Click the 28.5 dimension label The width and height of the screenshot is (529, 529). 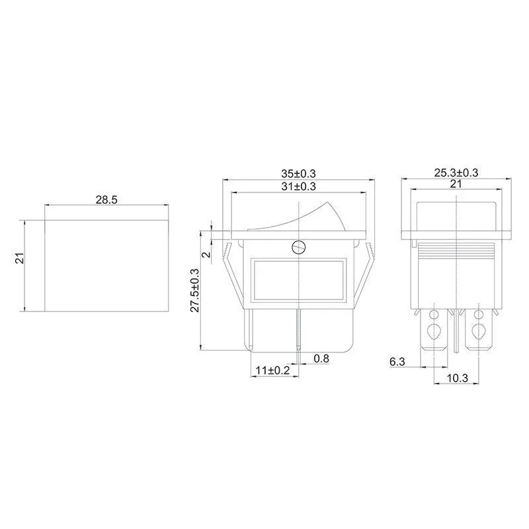(x=106, y=200)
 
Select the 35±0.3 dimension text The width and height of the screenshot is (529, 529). (x=298, y=173)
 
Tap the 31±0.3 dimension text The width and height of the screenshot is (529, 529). (x=298, y=186)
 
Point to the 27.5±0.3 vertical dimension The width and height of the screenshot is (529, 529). (x=195, y=290)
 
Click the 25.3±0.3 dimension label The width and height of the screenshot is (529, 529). (x=456, y=173)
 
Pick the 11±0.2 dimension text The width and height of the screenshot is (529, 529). (x=272, y=370)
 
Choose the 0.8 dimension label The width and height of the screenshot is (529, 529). (x=321, y=358)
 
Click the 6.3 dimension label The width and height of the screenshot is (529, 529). (x=397, y=362)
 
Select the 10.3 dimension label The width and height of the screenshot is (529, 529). (x=458, y=378)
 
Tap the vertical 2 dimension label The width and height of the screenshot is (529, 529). (x=207, y=253)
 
